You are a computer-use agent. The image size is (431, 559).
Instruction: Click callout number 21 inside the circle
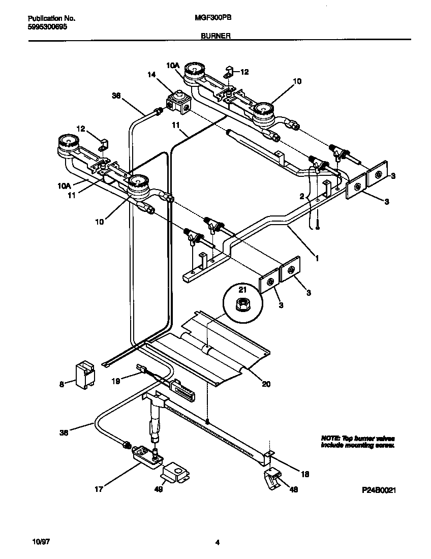pyautogui.click(x=242, y=289)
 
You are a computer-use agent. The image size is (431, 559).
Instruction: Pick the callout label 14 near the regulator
pyautogui.click(x=151, y=74)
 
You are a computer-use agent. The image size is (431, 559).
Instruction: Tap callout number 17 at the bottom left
pyautogui.click(x=99, y=489)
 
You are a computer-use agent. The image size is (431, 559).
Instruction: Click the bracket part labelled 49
pyautogui.click(x=174, y=474)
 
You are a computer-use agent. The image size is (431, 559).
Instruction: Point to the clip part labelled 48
pyautogui.click(x=273, y=477)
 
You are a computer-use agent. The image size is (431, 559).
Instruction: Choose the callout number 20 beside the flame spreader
pyautogui.click(x=266, y=384)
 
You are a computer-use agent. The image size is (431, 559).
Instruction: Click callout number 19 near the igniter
pyautogui.click(x=116, y=380)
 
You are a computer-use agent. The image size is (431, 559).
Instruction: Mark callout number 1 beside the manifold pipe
pyautogui.click(x=317, y=258)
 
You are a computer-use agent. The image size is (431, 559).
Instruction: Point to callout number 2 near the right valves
pyautogui.click(x=302, y=196)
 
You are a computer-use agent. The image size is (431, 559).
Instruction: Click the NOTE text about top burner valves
pyautogui.click(x=357, y=442)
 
